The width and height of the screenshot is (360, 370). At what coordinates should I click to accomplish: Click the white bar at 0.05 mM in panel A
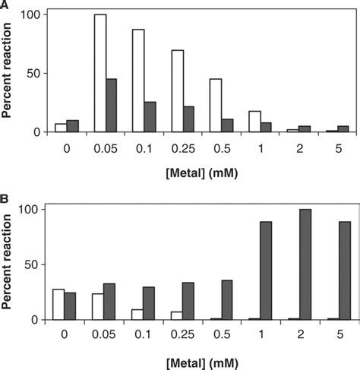99,73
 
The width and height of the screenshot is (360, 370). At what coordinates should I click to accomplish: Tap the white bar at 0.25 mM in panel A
177,91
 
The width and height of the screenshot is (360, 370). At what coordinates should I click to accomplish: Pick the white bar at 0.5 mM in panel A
216,106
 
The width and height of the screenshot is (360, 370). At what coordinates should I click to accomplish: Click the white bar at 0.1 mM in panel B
138,314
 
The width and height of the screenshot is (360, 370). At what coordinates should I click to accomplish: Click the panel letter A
6,7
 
